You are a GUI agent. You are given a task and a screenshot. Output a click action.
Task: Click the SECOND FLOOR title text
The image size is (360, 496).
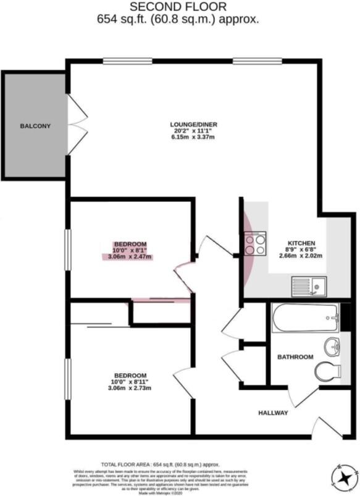pyautogui.click(x=178, y=7)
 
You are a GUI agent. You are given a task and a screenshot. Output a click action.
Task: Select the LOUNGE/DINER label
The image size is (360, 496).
pyautogui.click(x=194, y=125)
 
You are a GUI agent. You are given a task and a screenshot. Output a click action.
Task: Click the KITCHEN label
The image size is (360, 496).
pyautogui.click(x=301, y=243)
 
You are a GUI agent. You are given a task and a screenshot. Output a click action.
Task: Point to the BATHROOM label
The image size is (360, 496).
pyautogui.click(x=295, y=357)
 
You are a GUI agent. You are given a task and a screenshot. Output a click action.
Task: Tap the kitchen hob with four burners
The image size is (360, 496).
pyautogui.click(x=255, y=242)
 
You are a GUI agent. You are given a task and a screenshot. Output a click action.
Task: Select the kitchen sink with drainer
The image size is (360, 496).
pyautogui.click(x=309, y=286)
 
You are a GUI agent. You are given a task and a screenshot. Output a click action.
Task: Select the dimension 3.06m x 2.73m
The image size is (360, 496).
pyautogui.click(x=130, y=388)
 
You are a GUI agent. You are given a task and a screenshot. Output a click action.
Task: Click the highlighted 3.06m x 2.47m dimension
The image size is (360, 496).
pyautogui.click(x=130, y=256)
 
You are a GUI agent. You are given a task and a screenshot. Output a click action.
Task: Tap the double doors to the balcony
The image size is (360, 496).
pyautogui.click(x=76, y=125)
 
